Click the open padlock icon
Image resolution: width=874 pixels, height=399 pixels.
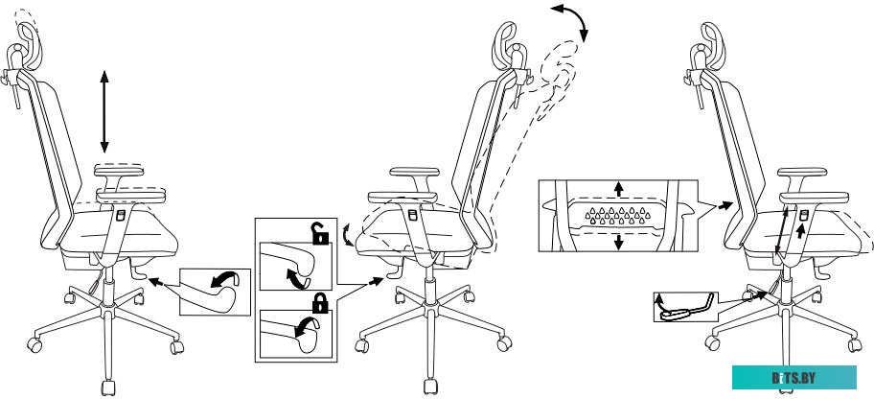(319, 233)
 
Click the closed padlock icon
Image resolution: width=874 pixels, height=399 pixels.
(320, 303)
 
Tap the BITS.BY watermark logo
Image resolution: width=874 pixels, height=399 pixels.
(793, 378)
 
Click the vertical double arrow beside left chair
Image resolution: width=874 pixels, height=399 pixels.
(104, 111)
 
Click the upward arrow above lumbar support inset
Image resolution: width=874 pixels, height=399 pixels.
(619, 188)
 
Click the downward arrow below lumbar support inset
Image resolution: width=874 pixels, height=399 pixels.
(619, 243)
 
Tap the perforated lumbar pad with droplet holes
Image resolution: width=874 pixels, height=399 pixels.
(617, 215)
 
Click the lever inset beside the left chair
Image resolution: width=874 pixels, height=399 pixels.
(216, 292)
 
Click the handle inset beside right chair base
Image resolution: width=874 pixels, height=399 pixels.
(686, 307)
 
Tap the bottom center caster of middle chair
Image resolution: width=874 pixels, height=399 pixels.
(430, 386)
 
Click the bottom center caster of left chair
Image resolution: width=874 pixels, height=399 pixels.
(108, 387)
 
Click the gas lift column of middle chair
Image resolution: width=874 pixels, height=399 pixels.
(429, 285)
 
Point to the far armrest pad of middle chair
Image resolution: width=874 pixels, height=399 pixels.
(414, 172)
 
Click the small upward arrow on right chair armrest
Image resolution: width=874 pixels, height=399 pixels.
(801, 231)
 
